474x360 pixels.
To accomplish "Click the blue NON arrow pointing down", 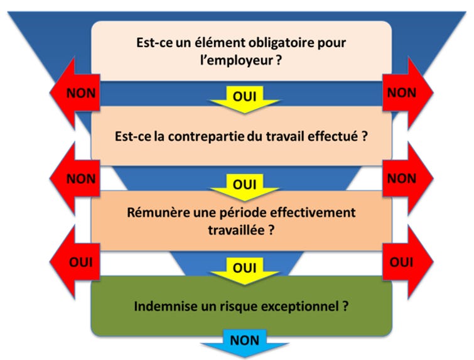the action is click(244, 342).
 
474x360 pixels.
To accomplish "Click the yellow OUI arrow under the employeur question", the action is click(244, 97).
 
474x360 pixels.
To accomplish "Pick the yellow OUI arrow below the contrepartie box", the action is click(244, 185).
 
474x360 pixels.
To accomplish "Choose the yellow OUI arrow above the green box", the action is click(244, 268).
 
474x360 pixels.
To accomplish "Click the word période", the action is click(246, 212).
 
